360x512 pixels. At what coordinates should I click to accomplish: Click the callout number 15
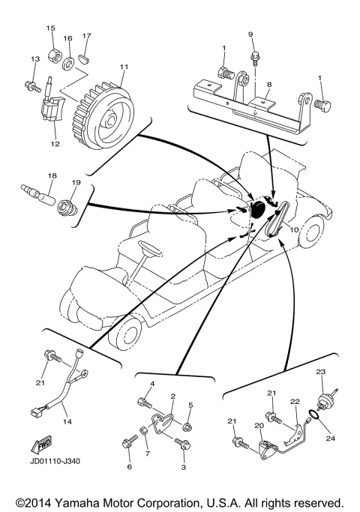[52, 28]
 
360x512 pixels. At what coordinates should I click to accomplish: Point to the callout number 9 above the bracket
[251, 34]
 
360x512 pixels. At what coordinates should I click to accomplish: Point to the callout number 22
[295, 403]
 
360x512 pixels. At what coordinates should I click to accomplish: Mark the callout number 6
[128, 466]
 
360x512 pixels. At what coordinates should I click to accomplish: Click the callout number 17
[87, 35]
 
